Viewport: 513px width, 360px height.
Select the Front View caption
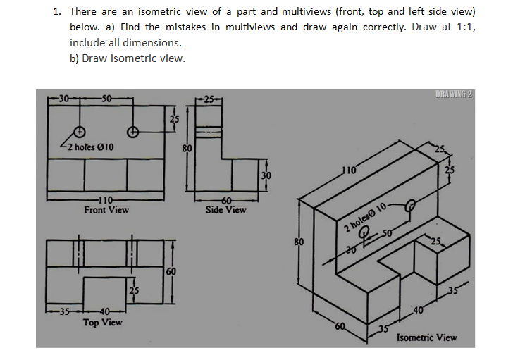[x=106, y=210]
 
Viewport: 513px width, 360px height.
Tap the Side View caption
[x=225, y=210]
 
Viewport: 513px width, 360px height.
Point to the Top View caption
[x=102, y=323]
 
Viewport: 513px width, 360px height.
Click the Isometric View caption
[x=427, y=337]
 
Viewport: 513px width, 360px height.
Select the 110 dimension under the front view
[x=106, y=200]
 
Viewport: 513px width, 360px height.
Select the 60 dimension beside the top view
[x=171, y=271]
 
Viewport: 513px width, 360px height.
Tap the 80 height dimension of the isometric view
[x=299, y=242]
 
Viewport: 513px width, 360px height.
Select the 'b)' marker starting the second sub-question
[x=74, y=58]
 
